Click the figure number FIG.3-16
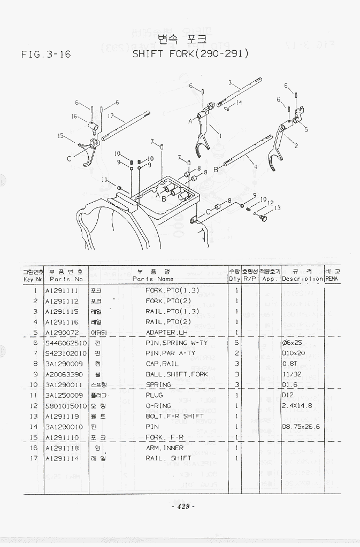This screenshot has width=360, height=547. coord(47,55)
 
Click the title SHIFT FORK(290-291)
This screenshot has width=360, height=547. coord(190,54)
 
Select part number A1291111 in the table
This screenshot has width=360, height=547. coord(62,291)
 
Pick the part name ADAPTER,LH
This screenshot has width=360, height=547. coord(167,332)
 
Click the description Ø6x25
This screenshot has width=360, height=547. coord(293,343)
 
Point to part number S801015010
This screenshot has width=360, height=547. coord(66,406)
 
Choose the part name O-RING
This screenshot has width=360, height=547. coord(158,406)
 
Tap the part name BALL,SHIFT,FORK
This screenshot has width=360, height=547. coord(177,374)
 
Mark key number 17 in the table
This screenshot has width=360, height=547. coord(34,458)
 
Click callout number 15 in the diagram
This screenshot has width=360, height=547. coord(61,136)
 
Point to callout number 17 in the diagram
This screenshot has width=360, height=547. coord(110,115)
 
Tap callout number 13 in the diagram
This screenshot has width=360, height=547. coord(278,208)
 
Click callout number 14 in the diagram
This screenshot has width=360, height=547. coord(239,102)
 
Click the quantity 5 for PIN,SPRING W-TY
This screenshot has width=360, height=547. coord(236,343)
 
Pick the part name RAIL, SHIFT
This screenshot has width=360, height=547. coord(168,458)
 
